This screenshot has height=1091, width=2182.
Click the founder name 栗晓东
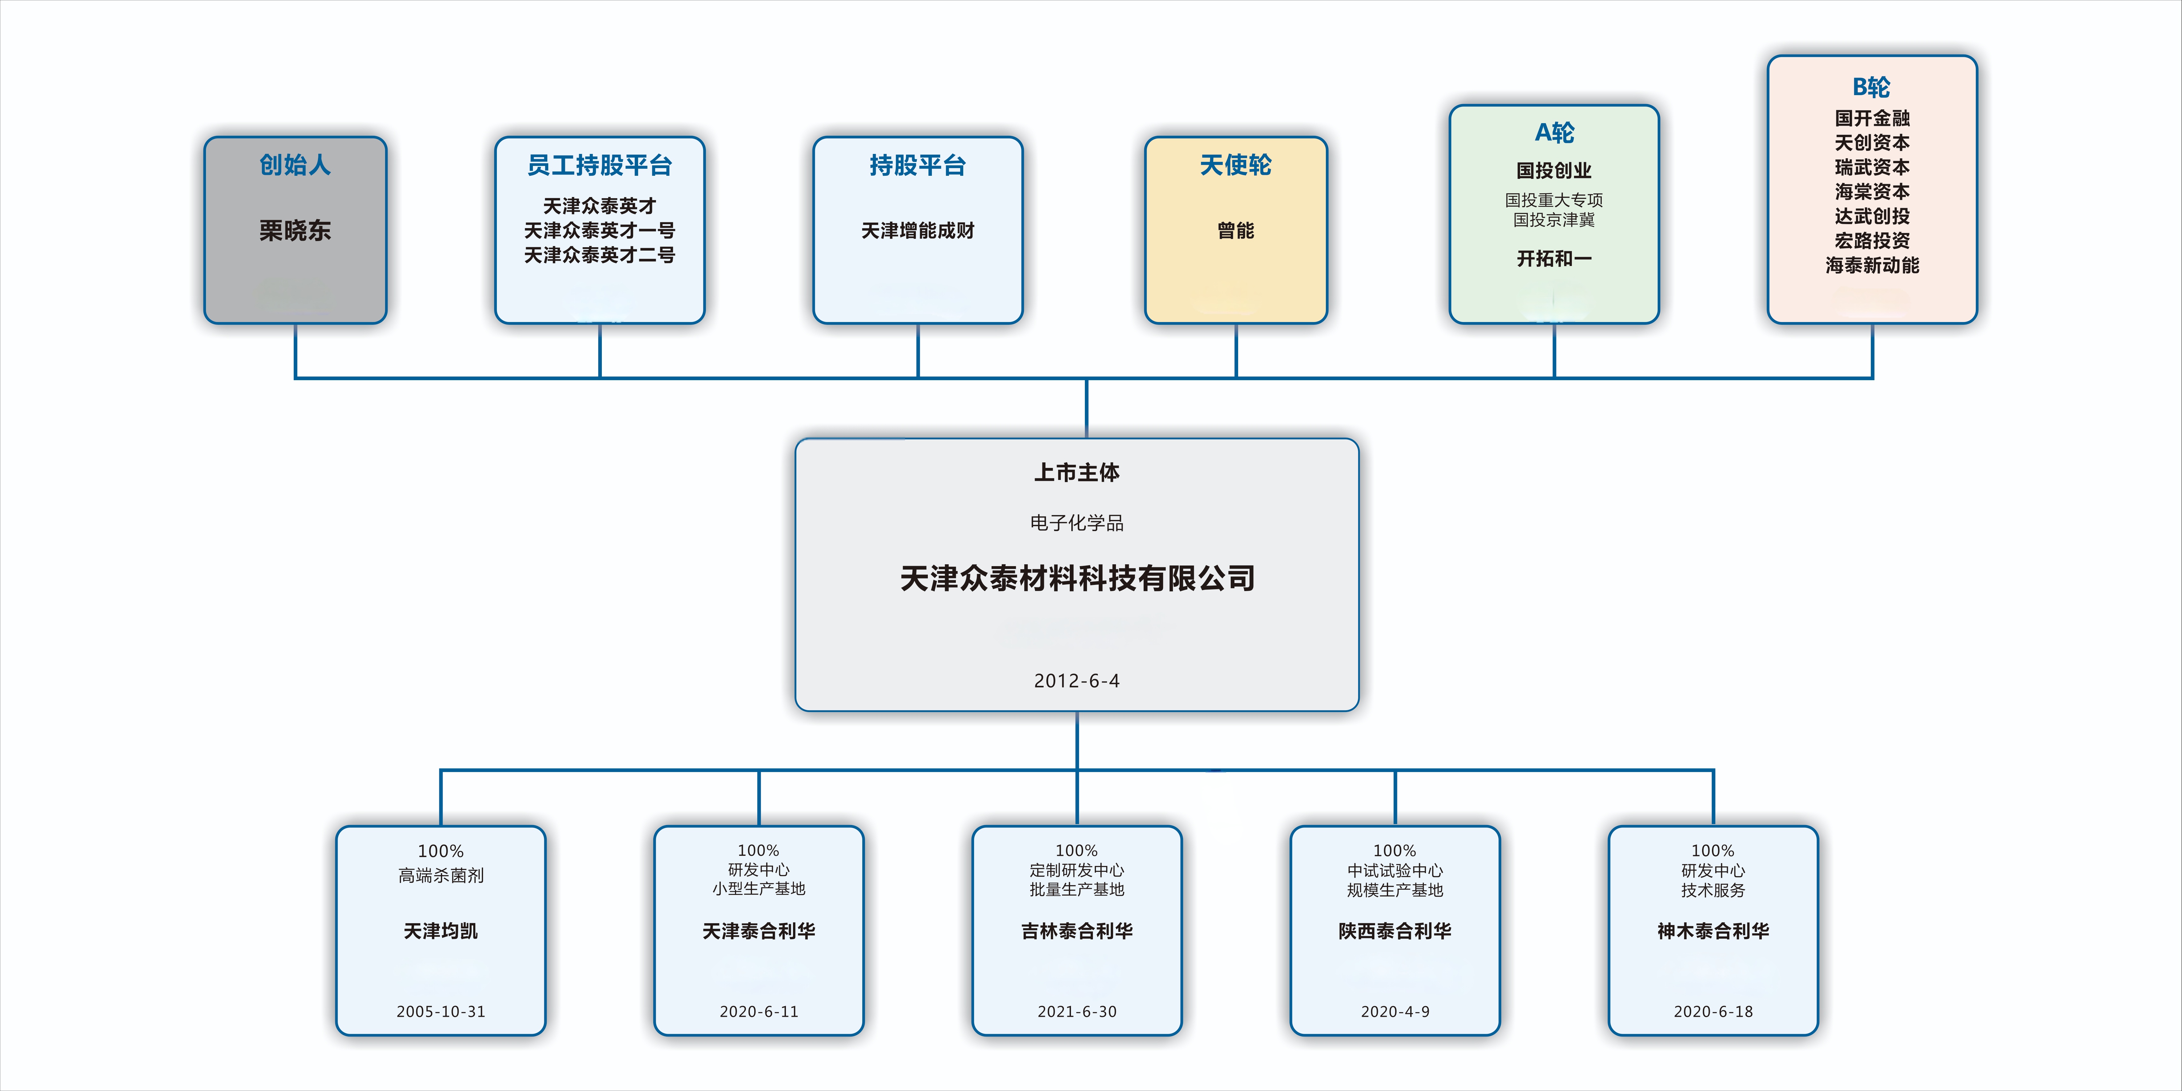(295, 230)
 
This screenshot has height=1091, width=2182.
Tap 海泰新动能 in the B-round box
(1872, 265)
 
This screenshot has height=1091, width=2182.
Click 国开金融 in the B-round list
(1872, 118)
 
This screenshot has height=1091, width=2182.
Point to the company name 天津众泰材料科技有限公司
(1077, 578)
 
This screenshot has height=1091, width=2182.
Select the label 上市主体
(1077, 473)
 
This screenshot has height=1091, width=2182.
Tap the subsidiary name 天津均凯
(441, 931)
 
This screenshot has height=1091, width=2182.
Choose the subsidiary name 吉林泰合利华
(1077, 931)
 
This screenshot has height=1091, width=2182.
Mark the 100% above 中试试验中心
(1394, 851)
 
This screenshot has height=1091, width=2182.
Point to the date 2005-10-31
(441, 1011)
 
